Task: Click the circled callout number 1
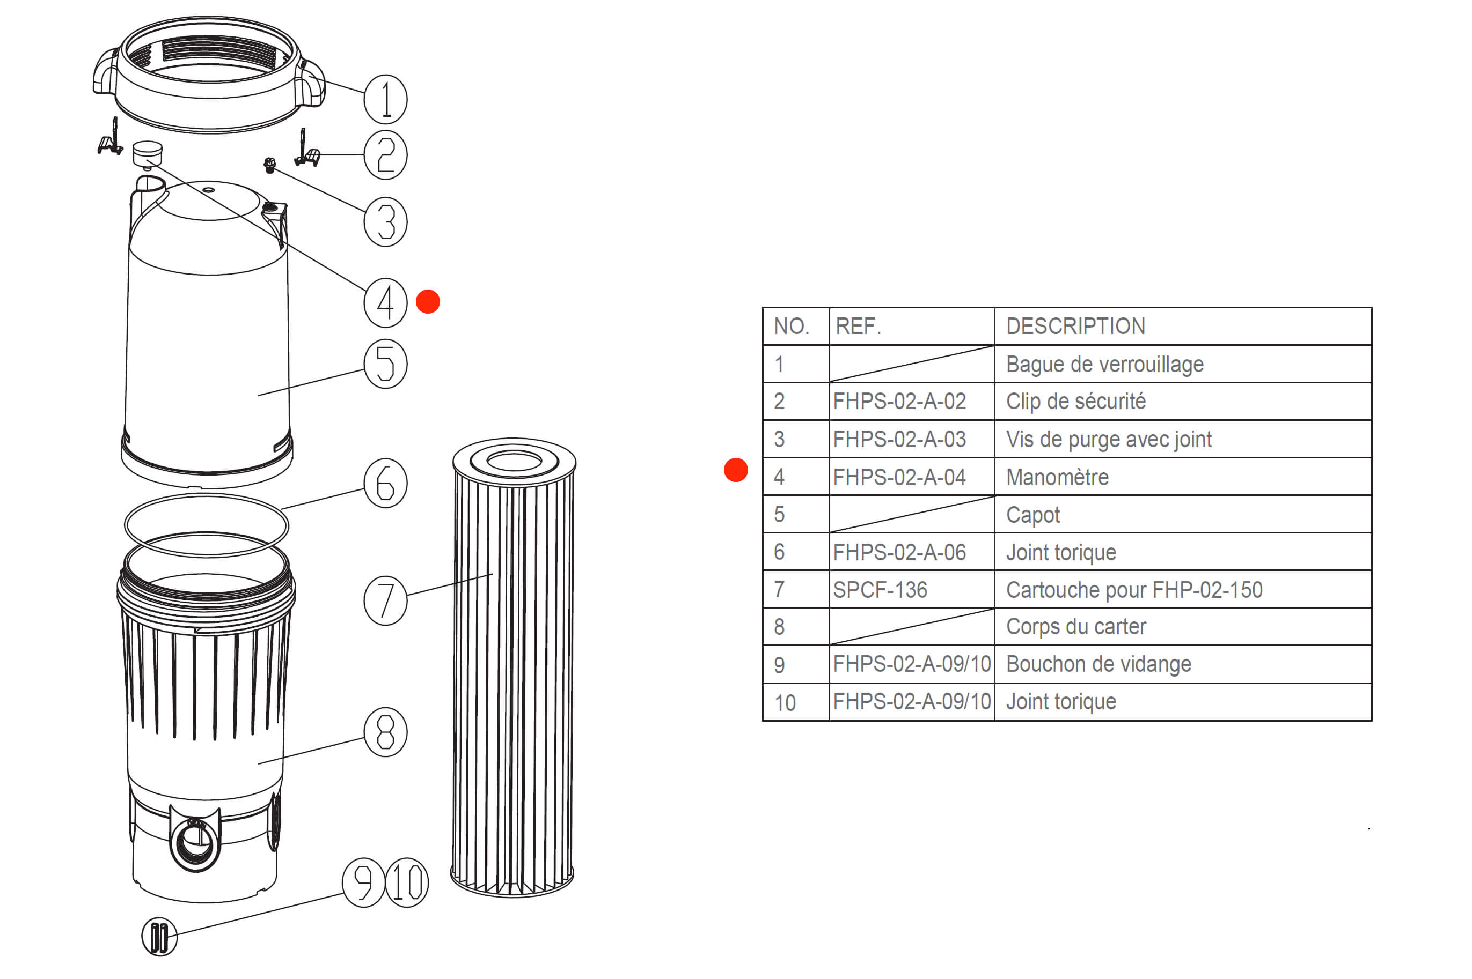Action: tap(385, 99)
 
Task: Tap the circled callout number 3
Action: tap(385, 221)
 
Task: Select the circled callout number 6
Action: tap(385, 483)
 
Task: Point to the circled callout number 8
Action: tap(385, 732)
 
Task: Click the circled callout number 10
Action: tap(407, 882)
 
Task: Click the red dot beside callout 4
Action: tap(428, 301)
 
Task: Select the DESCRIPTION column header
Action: tap(1075, 326)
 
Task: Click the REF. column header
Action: tap(858, 326)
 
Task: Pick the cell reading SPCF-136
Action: tap(880, 589)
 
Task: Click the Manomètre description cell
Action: tap(1057, 477)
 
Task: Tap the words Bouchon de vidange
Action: tap(1098, 664)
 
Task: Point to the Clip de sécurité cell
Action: tap(1075, 401)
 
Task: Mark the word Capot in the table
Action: tap(1033, 515)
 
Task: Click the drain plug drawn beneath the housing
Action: tap(159, 937)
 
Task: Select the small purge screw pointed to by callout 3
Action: tap(270, 165)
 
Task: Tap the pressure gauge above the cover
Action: tap(148, 153)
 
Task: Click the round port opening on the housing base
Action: tap(195, 844)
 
